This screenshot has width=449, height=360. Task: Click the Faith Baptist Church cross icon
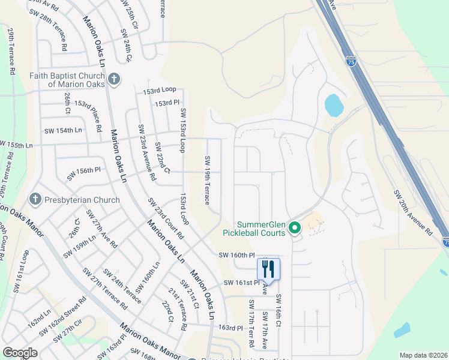coord(114,79)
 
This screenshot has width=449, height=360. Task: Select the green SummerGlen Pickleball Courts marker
coord(294,228)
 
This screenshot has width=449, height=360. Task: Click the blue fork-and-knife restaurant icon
coord(268,268)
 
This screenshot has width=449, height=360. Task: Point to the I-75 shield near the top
coord(351,61)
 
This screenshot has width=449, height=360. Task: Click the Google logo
coord(20,353)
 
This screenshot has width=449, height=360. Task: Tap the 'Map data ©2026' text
coord(423,355)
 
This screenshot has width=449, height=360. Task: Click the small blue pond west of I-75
coord(334,106)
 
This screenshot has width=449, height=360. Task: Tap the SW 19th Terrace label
coord(207,180)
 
